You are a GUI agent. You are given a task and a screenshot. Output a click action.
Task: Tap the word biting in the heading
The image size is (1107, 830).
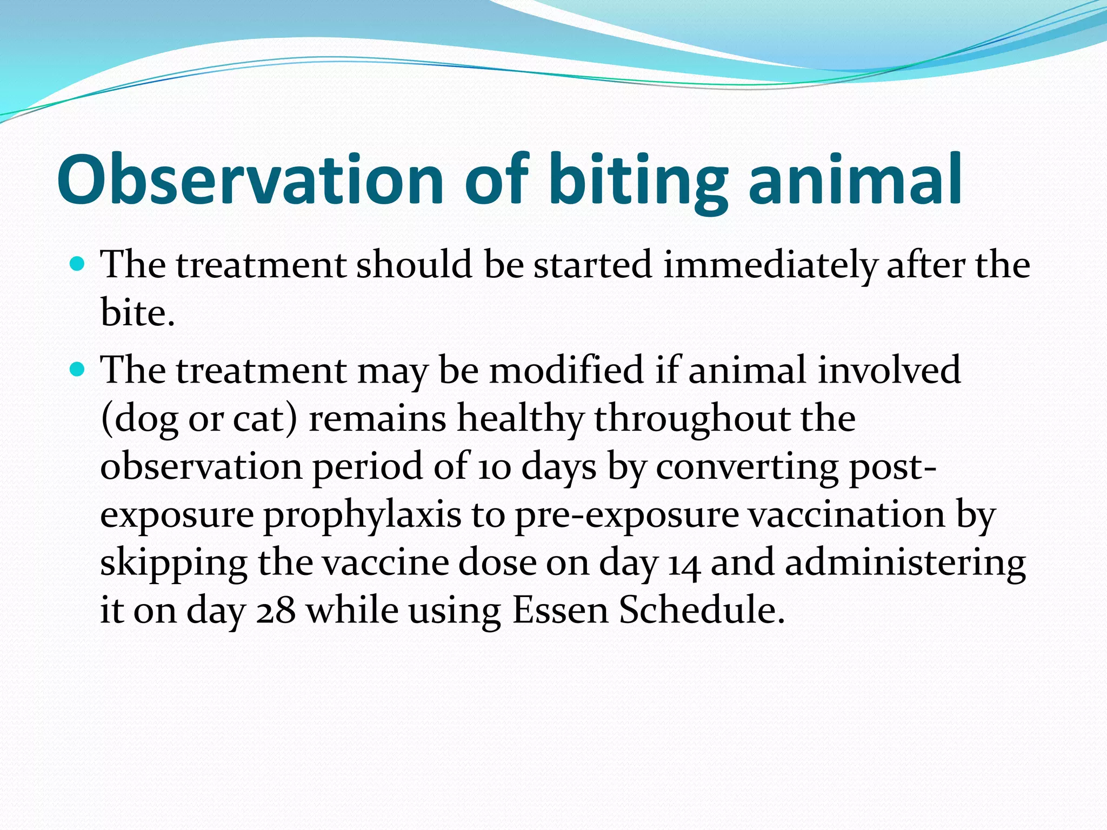click(x=639, y=180)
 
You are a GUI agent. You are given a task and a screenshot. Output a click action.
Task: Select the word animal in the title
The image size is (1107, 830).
click(x=855, y=180)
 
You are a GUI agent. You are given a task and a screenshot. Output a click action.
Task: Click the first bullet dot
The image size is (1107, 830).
click(x=78, y=265)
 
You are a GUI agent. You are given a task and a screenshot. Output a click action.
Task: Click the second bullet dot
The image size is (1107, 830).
click(x=78, y=370)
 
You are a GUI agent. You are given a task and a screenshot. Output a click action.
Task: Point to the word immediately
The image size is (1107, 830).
click(x=770, y=266)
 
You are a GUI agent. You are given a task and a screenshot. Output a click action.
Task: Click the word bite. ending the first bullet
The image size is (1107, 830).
click(x=138, y=313)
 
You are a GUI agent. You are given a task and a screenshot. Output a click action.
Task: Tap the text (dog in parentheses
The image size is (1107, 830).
click(x=139, y=420)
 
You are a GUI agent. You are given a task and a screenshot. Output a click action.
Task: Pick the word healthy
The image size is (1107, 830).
click(x=520, y=419)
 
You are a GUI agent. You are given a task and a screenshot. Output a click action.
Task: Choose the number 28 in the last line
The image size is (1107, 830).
click(x=276, y=611)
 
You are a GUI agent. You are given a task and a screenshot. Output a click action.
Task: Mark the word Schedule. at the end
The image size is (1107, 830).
click(x=702, y=611)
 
